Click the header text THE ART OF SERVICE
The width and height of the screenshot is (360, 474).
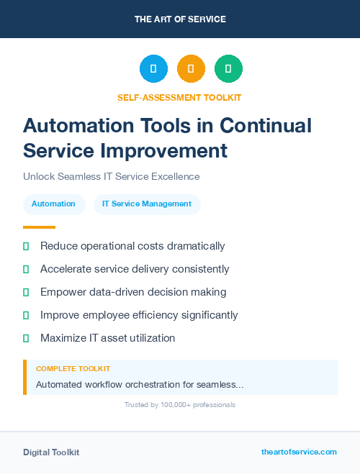click(180, 19)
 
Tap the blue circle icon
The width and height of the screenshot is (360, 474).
click(153, 69)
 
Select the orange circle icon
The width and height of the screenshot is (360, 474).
click(191, 69)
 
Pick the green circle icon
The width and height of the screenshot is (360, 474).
click(228, 69)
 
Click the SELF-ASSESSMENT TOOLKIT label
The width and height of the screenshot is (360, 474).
click(179, 97)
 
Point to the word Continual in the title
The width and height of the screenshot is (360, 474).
click(266, 126)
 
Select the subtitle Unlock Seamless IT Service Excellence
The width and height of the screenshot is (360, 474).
click(111, 176)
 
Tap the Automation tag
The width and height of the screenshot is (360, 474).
click(53, 204)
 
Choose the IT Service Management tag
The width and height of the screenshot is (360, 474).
click(147, 204)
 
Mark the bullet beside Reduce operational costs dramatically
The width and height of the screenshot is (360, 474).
click(26, 246)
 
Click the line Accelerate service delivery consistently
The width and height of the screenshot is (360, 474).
click(135, 269)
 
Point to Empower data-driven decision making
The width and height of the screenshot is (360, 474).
click(133, 292)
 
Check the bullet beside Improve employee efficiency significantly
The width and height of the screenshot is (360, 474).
click(26, 315)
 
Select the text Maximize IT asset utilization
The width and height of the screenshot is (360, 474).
click(107, 338)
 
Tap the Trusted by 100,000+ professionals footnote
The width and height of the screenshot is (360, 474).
click(180, 405)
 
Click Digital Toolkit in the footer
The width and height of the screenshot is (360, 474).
click(51, 452)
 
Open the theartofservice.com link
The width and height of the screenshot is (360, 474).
click(299, 452)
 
